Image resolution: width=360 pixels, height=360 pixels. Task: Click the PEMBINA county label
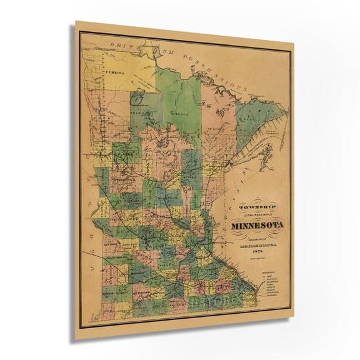[x=116, y=72]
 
